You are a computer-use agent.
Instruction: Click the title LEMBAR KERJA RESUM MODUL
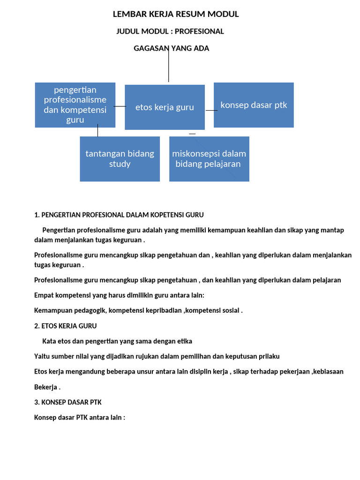(176, 15)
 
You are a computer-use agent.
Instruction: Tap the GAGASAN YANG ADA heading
(172, 48)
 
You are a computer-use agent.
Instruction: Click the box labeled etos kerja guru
(165, 107)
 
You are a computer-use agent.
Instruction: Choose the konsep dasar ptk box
(254, 105)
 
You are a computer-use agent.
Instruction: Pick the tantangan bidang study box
(120, 159)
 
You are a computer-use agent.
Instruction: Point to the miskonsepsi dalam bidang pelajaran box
(209, 159)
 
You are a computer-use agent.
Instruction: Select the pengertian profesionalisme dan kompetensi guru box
(75, 105)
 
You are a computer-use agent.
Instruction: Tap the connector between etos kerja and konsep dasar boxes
(212, 110)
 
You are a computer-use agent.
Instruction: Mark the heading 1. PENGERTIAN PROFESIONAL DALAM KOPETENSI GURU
(119, 215)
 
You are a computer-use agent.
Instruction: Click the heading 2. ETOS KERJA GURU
(66, 326)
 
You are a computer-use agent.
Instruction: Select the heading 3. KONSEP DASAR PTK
(67, 402)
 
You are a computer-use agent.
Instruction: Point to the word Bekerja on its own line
(45, 387)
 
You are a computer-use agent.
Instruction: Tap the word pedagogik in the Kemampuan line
(89, 310)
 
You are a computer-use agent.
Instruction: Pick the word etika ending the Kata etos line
(183, 341)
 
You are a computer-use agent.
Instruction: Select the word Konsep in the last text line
(45, 418)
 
